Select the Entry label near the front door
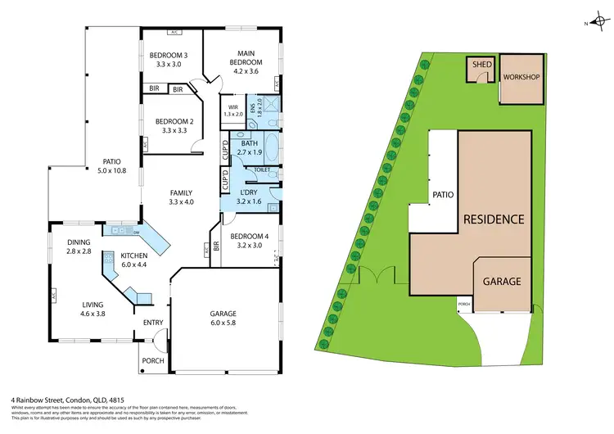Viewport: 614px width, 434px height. point(153,322)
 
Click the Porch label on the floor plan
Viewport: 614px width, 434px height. point(153,360)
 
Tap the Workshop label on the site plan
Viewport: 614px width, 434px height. point(521,78)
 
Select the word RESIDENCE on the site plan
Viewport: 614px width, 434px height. point(493,219)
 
